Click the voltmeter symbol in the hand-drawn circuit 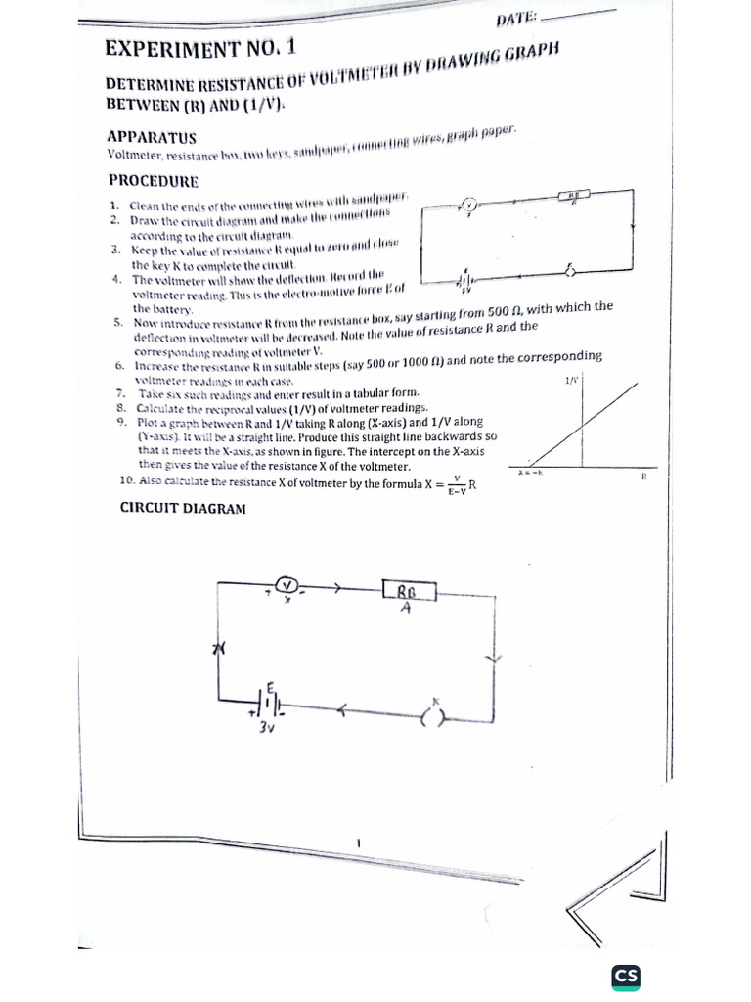click(287, 585)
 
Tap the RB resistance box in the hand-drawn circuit click(409, 591)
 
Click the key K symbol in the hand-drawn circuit click(431, 716)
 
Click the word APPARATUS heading click(153, 137)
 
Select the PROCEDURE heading click(153, 180)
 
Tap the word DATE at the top click(516, 18)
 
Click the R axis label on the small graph click(643, 477)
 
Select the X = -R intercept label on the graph click(531, 473)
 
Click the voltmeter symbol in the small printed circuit click(469, 205)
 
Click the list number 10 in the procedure click(125, 480)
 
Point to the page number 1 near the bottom click(360, 843)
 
